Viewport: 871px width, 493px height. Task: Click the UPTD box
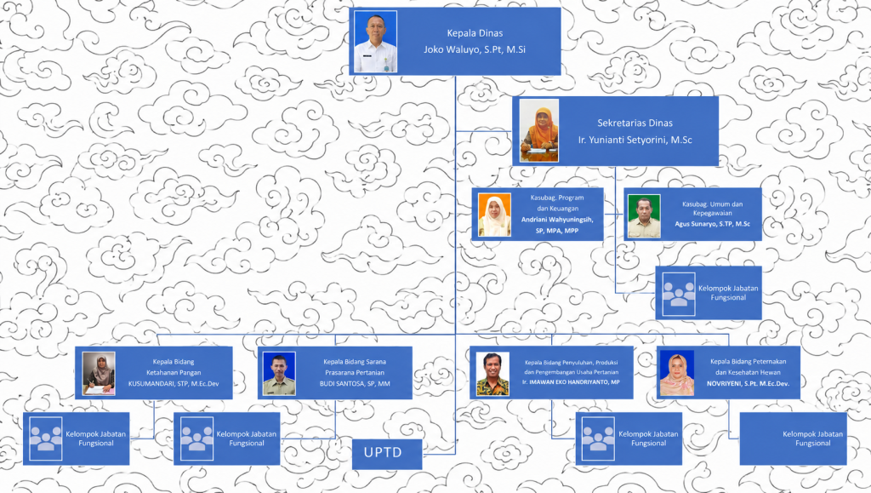tap(387, 454)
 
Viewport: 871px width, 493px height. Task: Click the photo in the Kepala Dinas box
tap(375, 42)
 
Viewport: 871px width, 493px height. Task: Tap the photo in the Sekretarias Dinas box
tap(538, 131)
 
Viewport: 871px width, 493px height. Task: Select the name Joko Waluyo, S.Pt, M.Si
tap(475, 49)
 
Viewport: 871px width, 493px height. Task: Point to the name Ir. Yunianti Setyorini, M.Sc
tap(635, 140)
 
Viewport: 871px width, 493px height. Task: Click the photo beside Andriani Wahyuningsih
tap(494, 215)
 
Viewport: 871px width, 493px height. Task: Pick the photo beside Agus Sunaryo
tap(645, 216)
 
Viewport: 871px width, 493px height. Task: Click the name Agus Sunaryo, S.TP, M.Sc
tap(712, 224)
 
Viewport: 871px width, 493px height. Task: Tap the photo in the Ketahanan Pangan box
tap(99, 374)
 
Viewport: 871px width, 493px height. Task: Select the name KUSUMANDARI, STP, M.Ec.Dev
tap(174, 383)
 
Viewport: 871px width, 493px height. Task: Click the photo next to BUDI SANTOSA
tap(279, 374)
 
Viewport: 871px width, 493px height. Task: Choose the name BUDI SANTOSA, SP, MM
tap(355, 383)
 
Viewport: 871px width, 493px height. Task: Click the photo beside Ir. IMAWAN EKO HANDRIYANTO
tap(492, 374)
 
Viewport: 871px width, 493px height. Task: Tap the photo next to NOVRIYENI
tap(677, 373)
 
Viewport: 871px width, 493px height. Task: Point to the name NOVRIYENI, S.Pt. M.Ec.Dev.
tap(748, 383)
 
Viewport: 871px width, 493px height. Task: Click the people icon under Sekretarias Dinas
tap(679, 294)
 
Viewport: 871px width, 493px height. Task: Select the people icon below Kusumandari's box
tap(46, 439)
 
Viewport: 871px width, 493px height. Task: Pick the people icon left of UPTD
tap(196, 439)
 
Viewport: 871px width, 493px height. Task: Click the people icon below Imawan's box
tap(598, 439)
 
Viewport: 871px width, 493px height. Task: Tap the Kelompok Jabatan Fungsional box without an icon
tap(794, 439)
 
